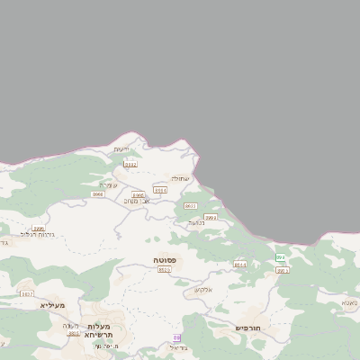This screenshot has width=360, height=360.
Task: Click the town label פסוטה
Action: click(164, 260)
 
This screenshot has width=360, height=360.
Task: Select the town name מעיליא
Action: click(53, 305)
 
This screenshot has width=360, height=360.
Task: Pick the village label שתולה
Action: click(181, 178)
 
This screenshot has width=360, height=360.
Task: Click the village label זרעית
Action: click(122, 148)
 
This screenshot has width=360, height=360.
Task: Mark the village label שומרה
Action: click(109, 185)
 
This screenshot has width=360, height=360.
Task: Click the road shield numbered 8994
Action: click(160, 190)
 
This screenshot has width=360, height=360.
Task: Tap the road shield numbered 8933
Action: click(190, 206)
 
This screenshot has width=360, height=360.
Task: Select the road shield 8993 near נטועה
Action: click(211, 217)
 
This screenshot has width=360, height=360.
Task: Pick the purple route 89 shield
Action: click(176, 337)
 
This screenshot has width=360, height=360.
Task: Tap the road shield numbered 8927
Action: click(26, 293)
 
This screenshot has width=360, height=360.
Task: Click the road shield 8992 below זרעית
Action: click(130, 164)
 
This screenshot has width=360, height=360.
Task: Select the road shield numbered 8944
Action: click(239, 265)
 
